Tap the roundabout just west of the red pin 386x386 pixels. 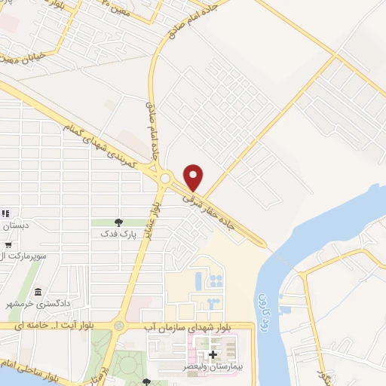(x=165, y=179)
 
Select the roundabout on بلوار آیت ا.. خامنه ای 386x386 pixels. (x=118, y=326)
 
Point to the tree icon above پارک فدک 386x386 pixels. (x=118, y=222)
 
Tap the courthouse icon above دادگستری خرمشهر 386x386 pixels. (x=38, y=293)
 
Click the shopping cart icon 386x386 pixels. (x=8, y=244)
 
